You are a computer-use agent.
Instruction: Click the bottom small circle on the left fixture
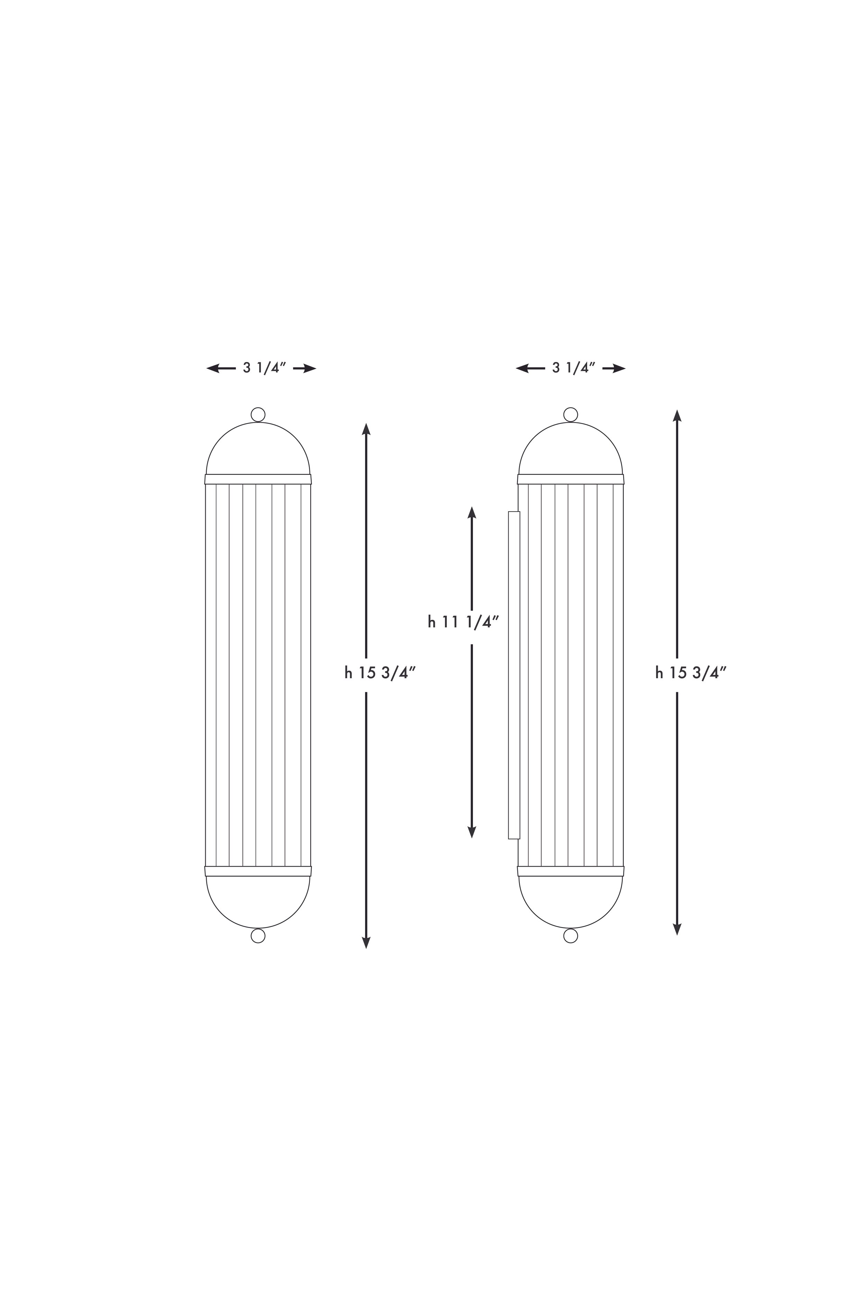coord(258,936)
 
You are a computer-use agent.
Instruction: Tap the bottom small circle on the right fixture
coord(571,936)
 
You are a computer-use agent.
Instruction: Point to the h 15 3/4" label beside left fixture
coord(380,672)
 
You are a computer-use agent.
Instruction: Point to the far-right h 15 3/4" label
coord(691,672)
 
